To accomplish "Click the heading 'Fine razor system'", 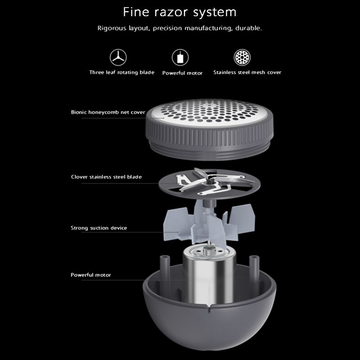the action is click(180, 12).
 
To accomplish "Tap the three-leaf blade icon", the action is click(118, 58).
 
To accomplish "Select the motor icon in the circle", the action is click(180, 58).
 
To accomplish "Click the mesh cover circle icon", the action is click(242, 58).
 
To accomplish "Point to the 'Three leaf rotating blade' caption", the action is click(121, 72).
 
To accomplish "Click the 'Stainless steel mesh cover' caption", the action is click(247, 72).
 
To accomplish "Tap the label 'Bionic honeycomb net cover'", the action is click(108, 112).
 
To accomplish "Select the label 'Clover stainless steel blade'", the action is click(106, 177).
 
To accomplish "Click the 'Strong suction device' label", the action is click(99, 228).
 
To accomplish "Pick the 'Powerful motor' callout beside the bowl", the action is click(91, 275).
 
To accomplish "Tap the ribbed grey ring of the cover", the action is click(209, 135).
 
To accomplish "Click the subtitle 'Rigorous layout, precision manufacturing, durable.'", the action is click(180, 28).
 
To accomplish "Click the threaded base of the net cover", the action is click(209, 152).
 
